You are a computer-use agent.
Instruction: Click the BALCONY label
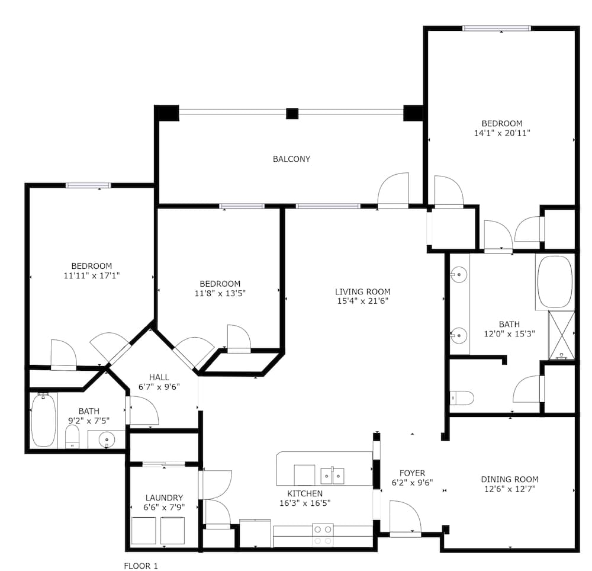291,159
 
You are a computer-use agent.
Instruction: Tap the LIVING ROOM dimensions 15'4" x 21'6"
362,301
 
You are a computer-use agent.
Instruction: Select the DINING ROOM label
509,479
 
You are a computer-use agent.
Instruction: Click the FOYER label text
412,473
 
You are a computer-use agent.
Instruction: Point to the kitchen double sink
332,476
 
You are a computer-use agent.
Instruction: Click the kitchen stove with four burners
323,535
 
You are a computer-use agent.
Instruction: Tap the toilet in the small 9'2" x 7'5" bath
72,437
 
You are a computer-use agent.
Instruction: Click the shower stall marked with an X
561,335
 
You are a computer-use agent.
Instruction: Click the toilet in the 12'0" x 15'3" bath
462,398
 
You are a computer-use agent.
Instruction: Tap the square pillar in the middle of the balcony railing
292,113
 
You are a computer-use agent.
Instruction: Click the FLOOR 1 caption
141,565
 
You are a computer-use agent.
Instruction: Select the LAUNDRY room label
164,498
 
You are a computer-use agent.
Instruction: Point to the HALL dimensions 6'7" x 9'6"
159,387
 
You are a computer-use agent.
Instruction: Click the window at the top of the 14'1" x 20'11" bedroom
497,28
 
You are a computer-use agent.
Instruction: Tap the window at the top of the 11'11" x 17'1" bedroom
88,185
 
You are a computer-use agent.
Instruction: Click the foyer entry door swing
405,517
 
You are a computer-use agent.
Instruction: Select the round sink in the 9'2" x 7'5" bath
107,440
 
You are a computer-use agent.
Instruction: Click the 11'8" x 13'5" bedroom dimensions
220,293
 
